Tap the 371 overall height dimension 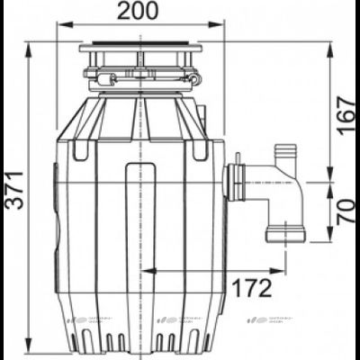coord(12,191)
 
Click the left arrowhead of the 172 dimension coord(147,269)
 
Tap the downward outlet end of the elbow coord(286,237)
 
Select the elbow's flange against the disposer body coord(237,183)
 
